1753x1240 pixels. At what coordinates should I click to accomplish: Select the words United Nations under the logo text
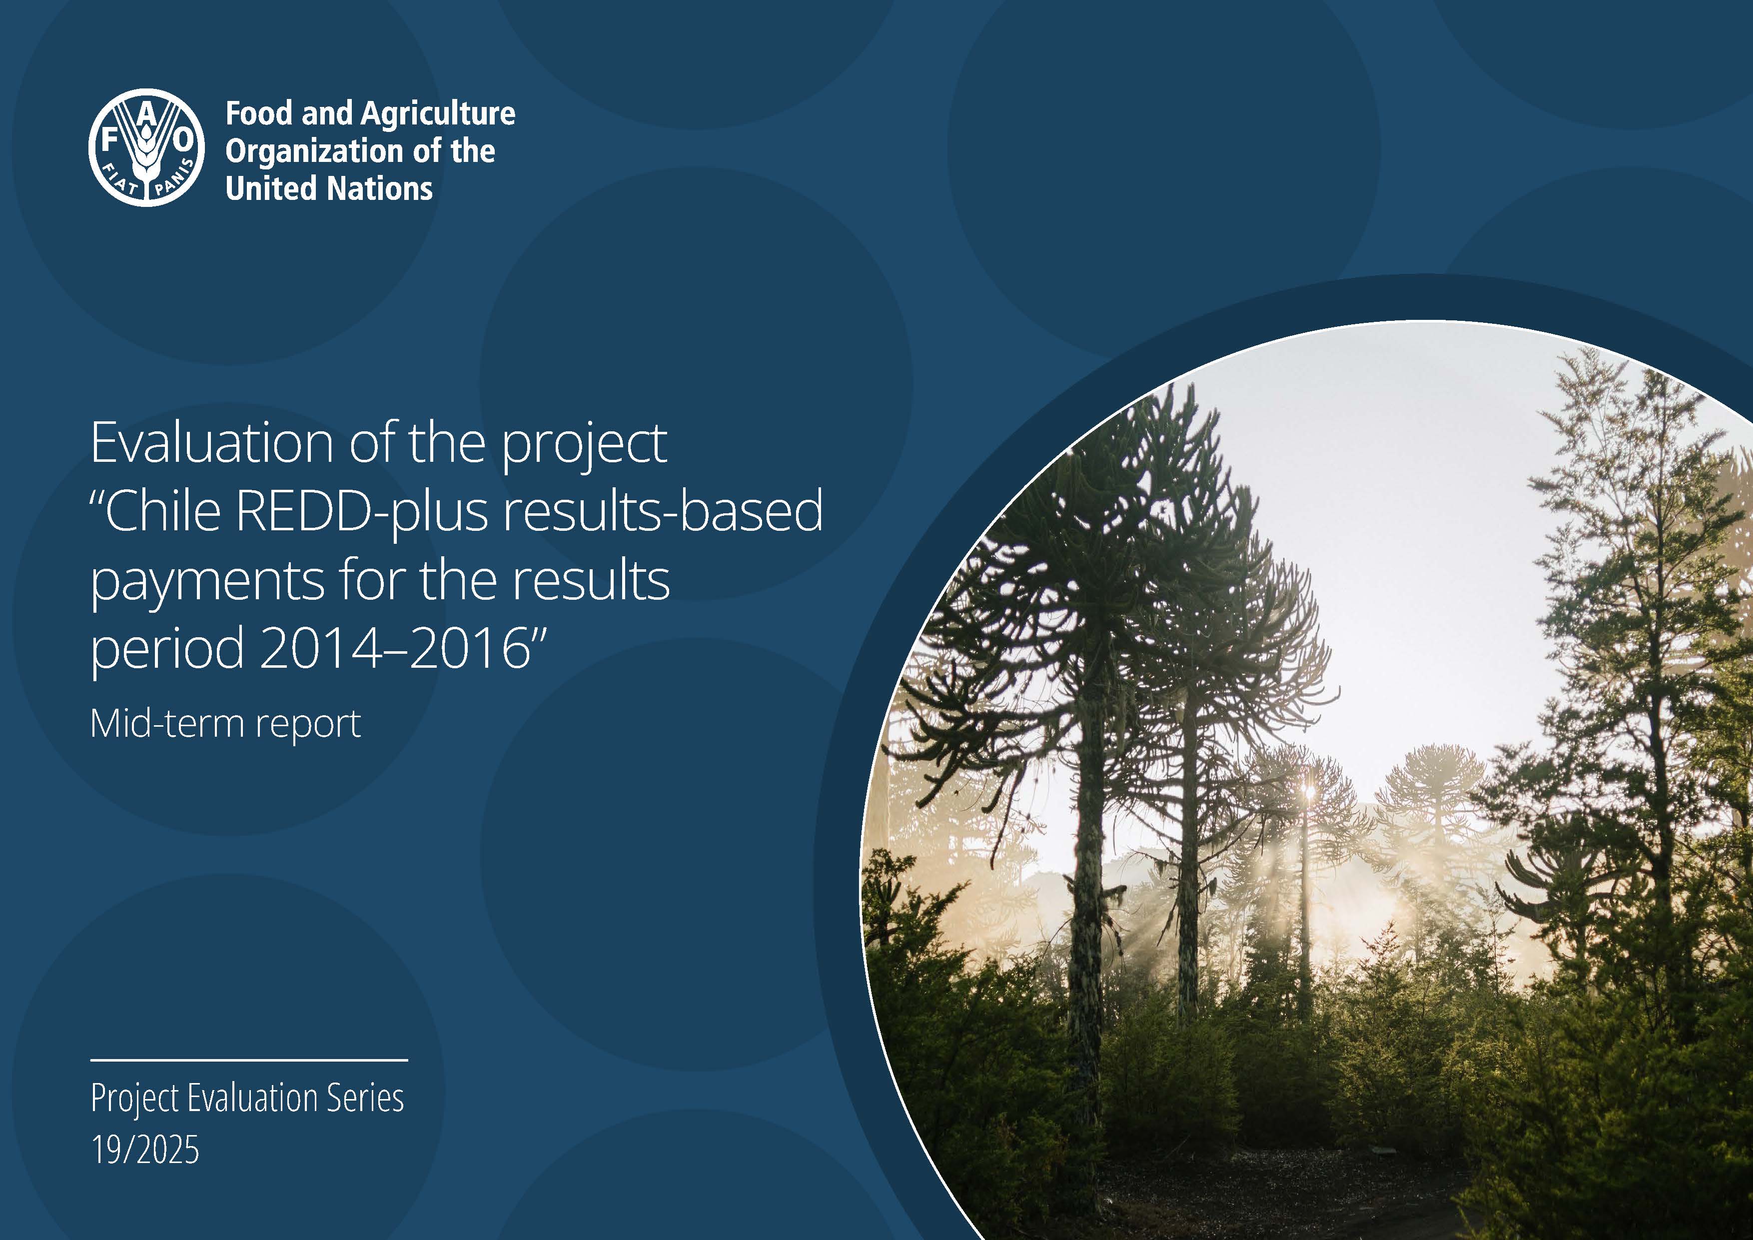click(329, 188)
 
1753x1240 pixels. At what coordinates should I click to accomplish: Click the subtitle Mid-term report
click(225, 723)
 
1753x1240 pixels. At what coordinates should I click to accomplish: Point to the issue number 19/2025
click(145, 1149)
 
